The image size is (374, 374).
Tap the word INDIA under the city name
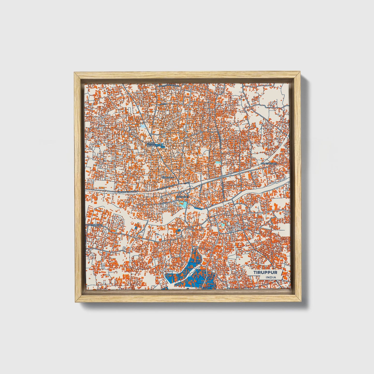[270, 277]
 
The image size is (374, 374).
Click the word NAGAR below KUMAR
[150, 146]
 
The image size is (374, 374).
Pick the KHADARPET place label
[182, 197]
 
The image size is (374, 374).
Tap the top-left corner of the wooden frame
[74, 73]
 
